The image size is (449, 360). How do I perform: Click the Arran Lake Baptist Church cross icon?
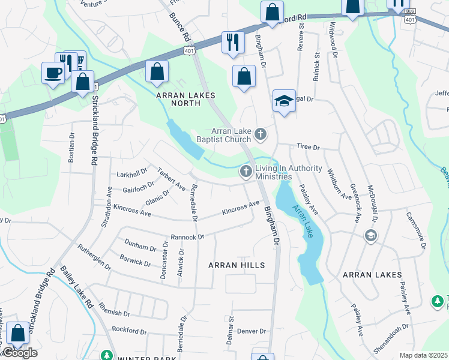pyautogui.click(x=260, y=134)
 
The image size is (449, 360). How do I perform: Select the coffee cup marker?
pyautogui.click(x=53, y=73)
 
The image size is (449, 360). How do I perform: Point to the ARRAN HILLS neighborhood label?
pyautogui.click(x=236, y=265)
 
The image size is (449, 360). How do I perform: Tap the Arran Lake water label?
pyautogui.click(x=302, y=221)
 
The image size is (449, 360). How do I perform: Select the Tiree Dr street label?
pyautogui.click(x=309, y=147)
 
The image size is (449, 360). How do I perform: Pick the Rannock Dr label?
pyautogui.click(x=187, y=237)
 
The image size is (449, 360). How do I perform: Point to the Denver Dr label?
pyautogui.click(x=251, y=331)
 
